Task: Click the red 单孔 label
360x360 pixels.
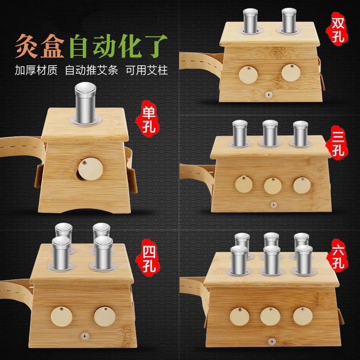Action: [x=148, y=119]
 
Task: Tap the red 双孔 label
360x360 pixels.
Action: [x=337, y=29]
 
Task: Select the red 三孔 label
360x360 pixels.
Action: [x=337, y=143]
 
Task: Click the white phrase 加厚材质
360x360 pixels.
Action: [x=36, y=70]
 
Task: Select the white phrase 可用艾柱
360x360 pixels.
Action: [x=147, y=70]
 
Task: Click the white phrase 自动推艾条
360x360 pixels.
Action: [x=91, y=70]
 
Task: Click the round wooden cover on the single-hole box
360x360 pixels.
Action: [x=90, y=169]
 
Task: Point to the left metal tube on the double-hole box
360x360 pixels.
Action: [x=250, y=21]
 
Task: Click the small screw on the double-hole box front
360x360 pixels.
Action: [x=269, y=94]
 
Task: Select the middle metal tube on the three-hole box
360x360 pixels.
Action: [x=270, y=133]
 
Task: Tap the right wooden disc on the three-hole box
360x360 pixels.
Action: [x=302, y=185]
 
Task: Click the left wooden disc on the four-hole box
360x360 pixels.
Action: [x=62, y=316]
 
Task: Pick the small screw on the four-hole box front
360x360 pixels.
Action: [x=84, y=336]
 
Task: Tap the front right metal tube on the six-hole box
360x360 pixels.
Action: [x=304, y=260]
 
